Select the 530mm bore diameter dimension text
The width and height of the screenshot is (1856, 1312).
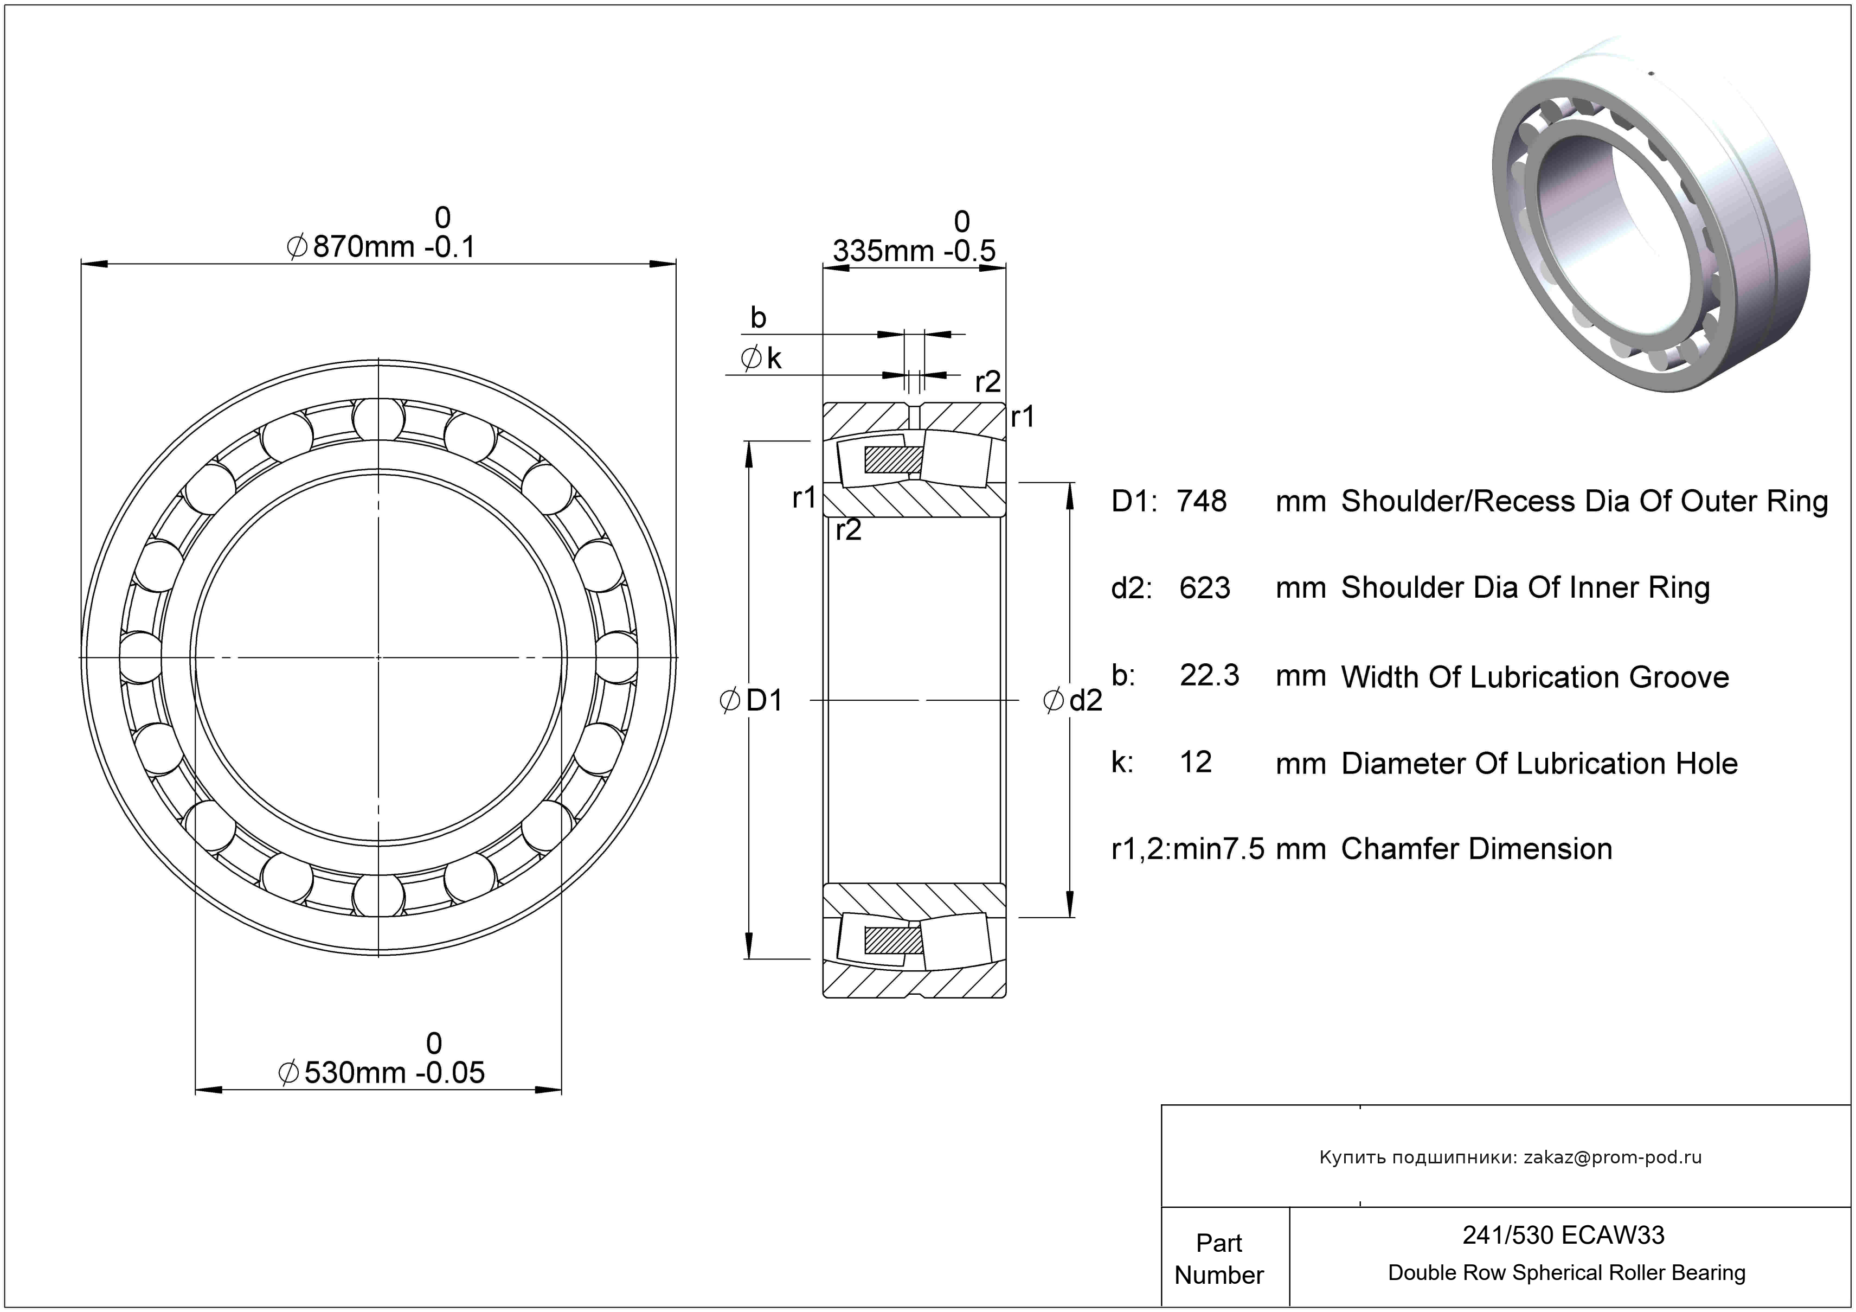pos(382,1073)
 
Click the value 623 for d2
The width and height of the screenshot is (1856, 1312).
pos(1204,588)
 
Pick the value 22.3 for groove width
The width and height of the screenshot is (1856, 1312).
pos(1209,675)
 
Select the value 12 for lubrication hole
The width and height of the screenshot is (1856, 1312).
pos(1196,762)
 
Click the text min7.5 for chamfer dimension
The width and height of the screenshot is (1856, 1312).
pos(1218,849)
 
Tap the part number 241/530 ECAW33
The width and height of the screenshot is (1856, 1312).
pos(1563,1235)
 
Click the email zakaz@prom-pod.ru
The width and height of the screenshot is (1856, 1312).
pos(1612,1157)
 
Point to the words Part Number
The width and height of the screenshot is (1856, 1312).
pos(1218,1259)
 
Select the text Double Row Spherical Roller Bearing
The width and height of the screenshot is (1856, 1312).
pos(1566,1273)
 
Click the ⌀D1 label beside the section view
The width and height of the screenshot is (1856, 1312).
pos(752,701)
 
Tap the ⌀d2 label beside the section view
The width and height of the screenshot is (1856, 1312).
pos(1073,701)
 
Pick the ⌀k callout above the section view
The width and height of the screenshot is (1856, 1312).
pos(761,358)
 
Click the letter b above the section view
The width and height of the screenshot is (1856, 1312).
pos(757,318)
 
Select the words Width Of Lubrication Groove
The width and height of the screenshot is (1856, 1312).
pos(1534,677)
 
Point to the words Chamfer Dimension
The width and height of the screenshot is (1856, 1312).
pos(1476,849)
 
